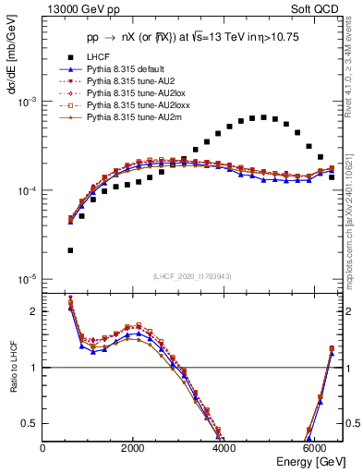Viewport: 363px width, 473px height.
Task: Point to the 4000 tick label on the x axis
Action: [x=224, y=448]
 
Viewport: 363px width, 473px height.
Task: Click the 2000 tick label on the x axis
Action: [x=133, y=448]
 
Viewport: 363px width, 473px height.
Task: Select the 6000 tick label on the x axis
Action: [x=314, y=448]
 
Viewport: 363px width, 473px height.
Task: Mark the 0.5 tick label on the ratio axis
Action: [x=31, y=423]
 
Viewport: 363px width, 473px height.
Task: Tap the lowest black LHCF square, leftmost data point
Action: [x=70, y=250]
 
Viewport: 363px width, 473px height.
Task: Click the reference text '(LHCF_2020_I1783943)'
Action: [x=192, y=276]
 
